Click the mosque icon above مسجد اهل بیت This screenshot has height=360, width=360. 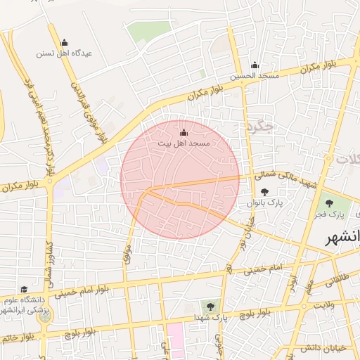coord(184,132)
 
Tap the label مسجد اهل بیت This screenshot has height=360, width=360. coord(184,143)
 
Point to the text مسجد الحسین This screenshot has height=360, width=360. coord(255,75)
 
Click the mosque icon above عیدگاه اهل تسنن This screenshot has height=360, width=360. coord(65,43)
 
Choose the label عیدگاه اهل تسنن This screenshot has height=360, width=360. coord(65,53)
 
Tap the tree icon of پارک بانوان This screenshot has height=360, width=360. coord(264,192)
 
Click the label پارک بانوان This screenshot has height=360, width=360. coord(264,202)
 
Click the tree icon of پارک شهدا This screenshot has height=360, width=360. coord(209,306)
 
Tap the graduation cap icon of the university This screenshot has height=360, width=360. coord(25,289)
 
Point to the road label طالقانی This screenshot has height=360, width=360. coord(336,279)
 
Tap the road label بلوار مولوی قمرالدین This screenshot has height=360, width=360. coord(87,110)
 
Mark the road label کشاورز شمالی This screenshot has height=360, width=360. coord(49,261)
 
